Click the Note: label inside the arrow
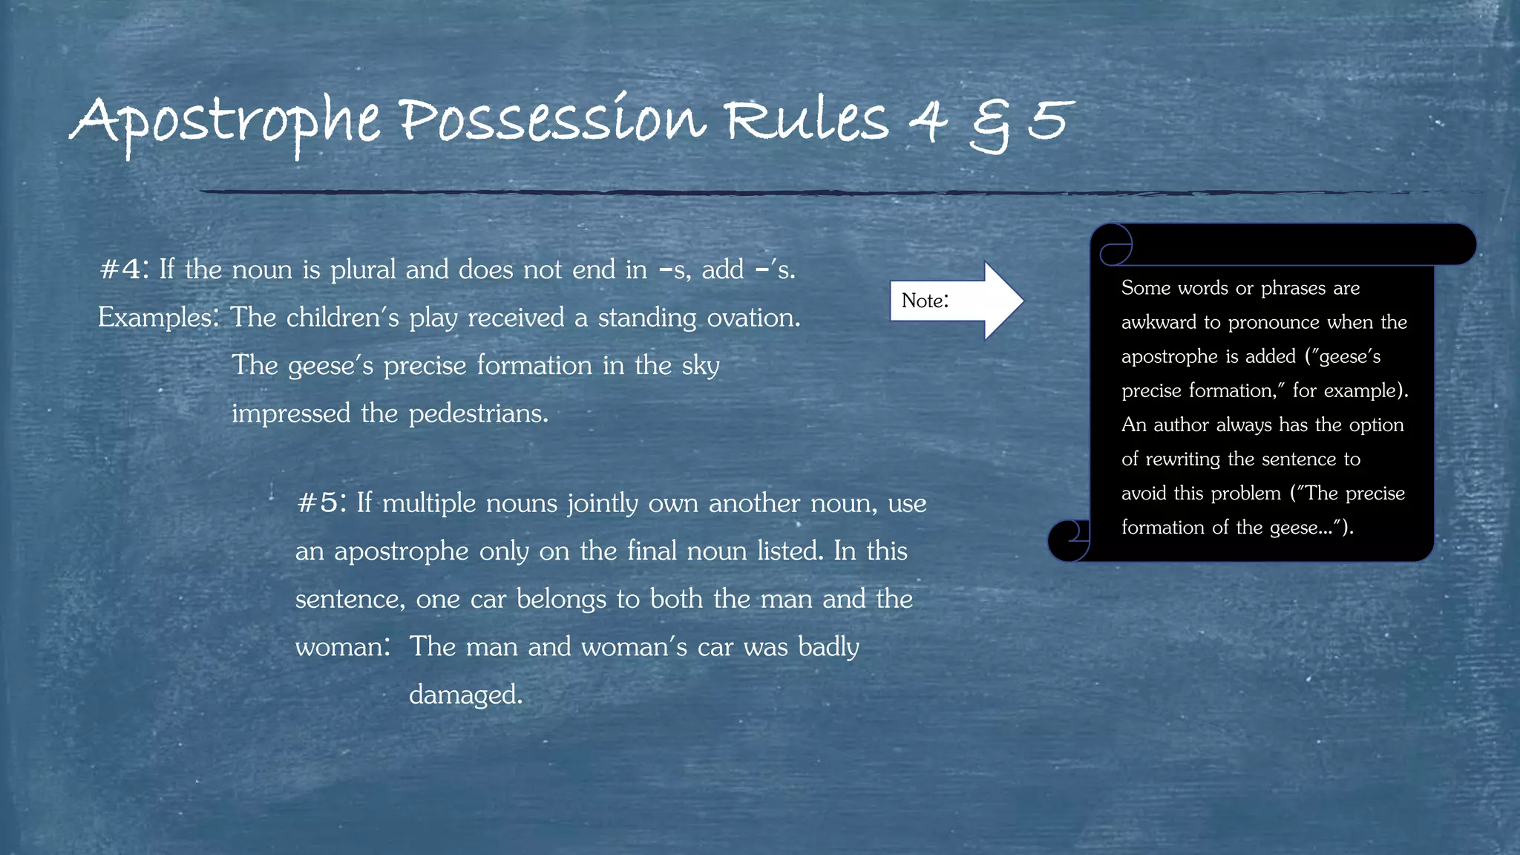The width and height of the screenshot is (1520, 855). pos(925,301)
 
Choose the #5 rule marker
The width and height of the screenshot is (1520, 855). pos(320,503)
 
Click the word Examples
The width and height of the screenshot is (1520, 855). pos(158,318)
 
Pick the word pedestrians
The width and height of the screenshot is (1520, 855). pos(479,413)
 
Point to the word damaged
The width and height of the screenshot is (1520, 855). pos(465,695)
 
